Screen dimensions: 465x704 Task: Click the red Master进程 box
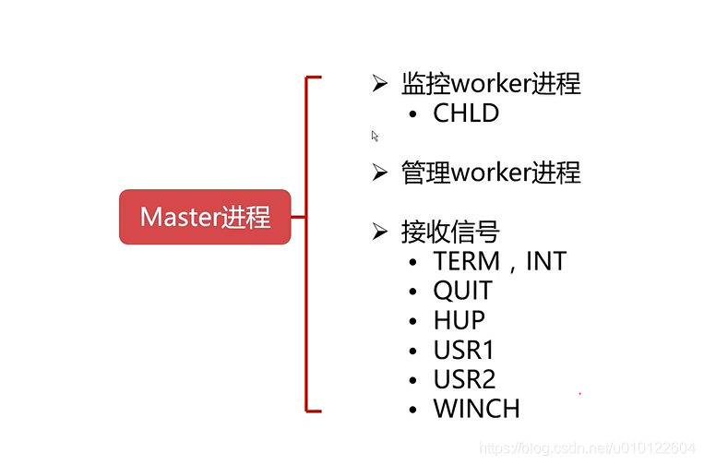pos(205,217)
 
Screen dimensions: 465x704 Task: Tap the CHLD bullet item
pos(466,113)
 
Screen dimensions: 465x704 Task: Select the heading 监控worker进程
pos(491,84)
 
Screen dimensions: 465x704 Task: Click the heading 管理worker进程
pos(491,173)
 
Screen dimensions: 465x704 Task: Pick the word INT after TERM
pos(545,261)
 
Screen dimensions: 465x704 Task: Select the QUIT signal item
pos(463,291)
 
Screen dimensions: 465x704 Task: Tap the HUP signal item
pos(459,320)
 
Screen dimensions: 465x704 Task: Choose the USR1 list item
pos(464,350)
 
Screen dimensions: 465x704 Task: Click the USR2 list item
pos(464,379)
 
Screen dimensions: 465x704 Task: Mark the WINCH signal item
pos(477,409)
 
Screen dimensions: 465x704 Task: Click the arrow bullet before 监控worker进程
pos(379,84)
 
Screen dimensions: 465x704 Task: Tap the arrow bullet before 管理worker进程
pos(379,173)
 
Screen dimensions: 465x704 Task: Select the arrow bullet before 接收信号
pos(379,232)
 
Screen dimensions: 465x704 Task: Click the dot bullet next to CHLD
pos(413,114)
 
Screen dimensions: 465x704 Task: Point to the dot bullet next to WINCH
pos(413,410)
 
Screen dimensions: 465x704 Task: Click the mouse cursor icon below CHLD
pos(375,137)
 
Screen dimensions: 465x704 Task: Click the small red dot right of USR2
pos(579,393)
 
